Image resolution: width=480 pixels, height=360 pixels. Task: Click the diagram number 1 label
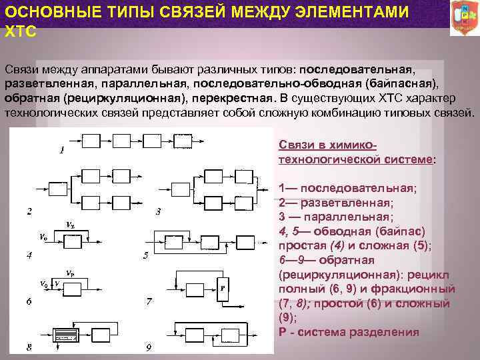tap(61, 151)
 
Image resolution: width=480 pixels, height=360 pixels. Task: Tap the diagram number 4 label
tap(29, 255)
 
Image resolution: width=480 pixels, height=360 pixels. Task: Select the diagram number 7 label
tap(149, 301)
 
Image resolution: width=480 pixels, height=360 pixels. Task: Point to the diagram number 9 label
tap(149, 347)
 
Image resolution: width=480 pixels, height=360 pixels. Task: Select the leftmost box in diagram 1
tap(90, 141)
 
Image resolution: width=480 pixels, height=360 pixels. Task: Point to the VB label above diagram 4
tap(70, 224)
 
